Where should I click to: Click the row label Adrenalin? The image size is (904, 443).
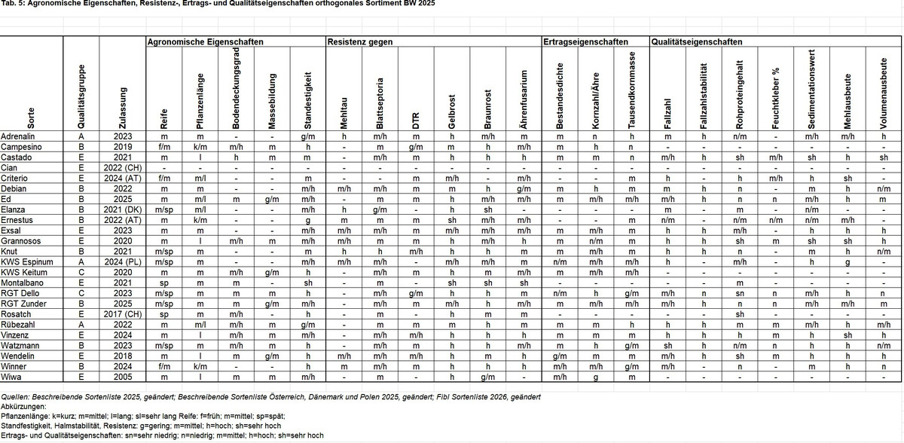coord(17,136)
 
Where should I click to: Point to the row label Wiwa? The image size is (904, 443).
coord(11,376)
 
